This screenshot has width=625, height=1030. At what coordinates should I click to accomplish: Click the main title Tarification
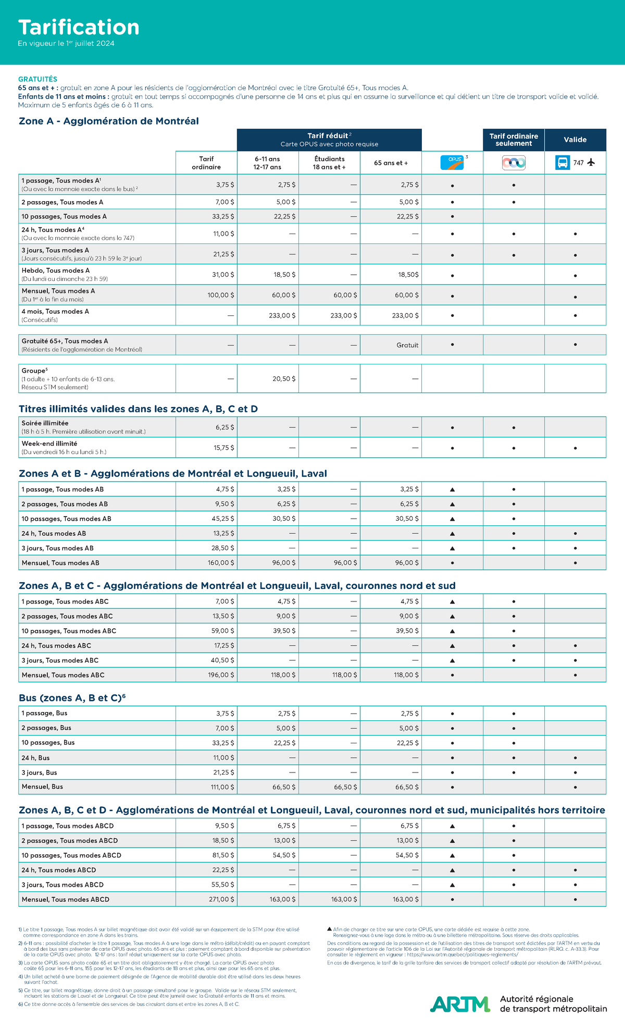tap(79, 27)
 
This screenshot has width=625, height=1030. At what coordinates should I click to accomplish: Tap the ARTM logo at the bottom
tap(460, 1003)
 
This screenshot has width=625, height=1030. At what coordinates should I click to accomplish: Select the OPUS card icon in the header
tap(452, 163)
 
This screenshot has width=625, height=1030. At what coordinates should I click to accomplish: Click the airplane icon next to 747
tap(591, 163)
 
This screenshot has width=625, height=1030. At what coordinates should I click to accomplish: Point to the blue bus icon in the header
tap(562, 163)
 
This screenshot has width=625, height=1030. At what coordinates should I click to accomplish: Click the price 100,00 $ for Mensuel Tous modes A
tap(221, 295)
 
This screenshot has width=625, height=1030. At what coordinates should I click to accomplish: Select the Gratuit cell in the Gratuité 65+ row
tap(407, 345)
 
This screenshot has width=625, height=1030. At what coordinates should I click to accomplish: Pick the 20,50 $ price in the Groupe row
tap(284, 379)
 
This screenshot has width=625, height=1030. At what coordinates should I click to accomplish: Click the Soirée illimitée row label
tap(45, 423)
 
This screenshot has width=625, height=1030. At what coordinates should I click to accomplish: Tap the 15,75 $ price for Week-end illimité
tap(224, 448)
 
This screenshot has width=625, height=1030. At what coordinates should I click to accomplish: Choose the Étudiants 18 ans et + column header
tap(329, 163)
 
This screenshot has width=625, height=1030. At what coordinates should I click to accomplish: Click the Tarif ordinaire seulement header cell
tap(514, 140)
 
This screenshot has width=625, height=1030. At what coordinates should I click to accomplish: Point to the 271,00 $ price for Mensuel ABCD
tap(221, 899)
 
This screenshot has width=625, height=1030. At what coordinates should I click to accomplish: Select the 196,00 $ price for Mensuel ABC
tap(221, 675)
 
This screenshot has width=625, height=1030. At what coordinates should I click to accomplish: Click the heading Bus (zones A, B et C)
tap(72, 698)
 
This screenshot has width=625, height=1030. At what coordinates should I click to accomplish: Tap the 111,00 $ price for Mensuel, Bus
tap(222, 787)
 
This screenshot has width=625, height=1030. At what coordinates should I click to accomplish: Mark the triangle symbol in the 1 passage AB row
tap(452, 489)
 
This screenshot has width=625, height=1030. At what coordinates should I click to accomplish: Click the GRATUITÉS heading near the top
tap(37, 79)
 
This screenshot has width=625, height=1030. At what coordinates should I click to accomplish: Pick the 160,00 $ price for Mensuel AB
tap(221, 563)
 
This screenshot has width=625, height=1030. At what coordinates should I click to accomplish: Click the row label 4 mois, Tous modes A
tap(55, 312)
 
